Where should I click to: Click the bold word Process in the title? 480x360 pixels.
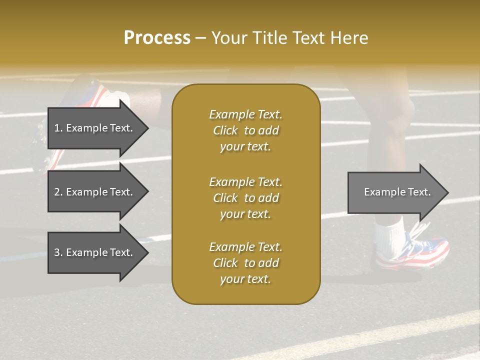click(x=157, y=37)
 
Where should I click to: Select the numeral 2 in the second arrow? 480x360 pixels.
click(x=56, y=192)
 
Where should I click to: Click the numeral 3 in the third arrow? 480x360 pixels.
click(x=56, y=252)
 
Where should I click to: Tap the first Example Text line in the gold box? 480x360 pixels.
click(x=245, y=114)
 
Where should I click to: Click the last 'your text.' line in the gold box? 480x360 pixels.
click(x=245, y=279)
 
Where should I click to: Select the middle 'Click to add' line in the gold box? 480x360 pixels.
click(x=245, y=198)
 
